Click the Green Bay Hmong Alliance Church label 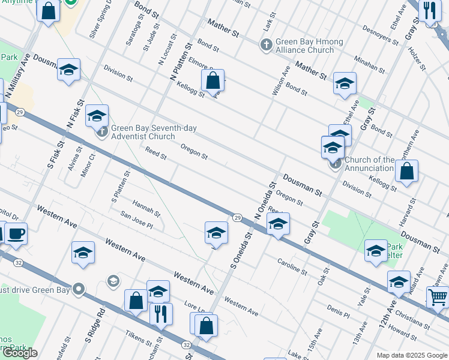[309, 46]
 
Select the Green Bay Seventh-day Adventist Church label [154, 132]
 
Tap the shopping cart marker [438, 296]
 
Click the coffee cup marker [16, 233]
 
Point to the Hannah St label [146, 208]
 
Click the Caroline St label [292, 266]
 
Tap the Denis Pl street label [339, 310]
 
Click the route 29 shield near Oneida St [238, 217]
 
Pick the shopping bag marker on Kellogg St [212, 80]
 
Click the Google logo [20, 353]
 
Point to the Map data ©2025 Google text [411, 355]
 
